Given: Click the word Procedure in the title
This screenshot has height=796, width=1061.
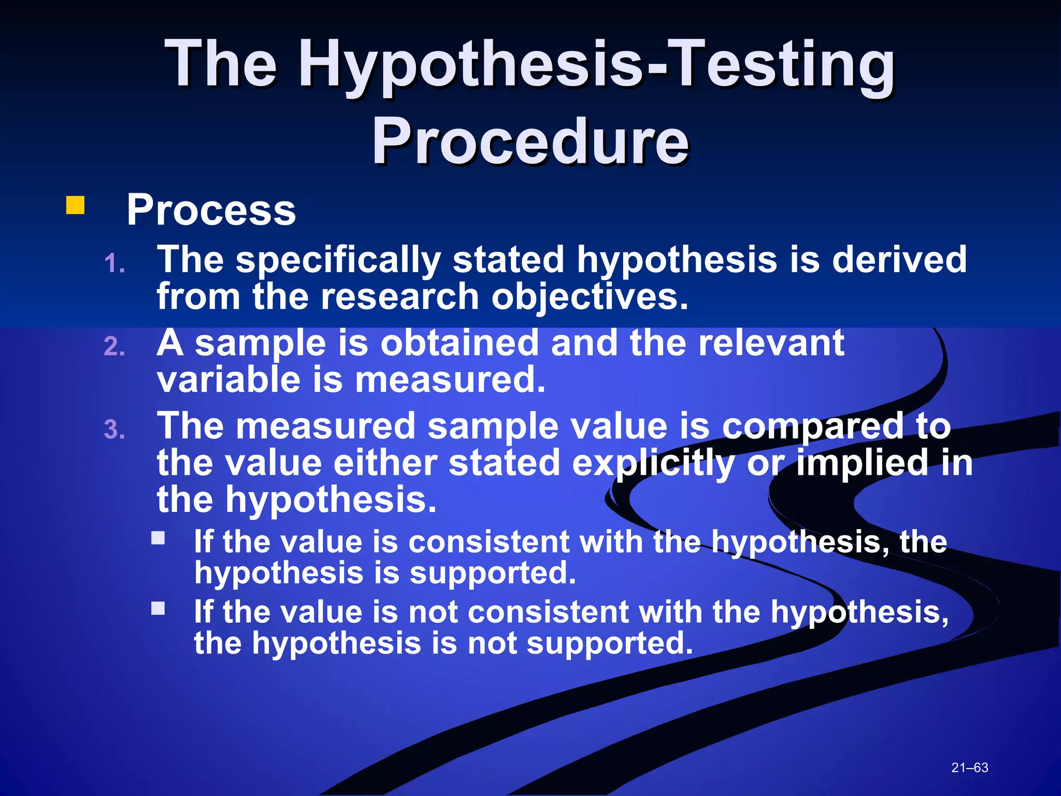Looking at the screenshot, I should (x=530, y=141).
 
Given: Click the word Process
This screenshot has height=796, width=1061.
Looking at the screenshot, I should (x=211, y=210).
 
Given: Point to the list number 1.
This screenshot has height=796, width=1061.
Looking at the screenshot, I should (x=114, y=264).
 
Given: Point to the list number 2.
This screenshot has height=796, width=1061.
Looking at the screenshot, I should (x=114, y=347).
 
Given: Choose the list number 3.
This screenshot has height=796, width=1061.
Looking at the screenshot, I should (x=114, y=430).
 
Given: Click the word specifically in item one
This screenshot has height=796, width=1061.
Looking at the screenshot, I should (x=338, y=260).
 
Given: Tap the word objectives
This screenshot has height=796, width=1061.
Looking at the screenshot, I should (x=590, y=297).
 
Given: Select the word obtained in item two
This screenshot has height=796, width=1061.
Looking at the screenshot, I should (x=460, y=343).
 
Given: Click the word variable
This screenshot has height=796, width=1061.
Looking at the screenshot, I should (x=228, y=380).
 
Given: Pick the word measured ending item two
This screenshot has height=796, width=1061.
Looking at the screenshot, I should (x=450, y=380).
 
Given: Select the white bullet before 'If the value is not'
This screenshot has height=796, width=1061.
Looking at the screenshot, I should (x=158, y=608).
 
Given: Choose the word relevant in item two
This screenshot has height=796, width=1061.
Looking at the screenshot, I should (x=771, y=343).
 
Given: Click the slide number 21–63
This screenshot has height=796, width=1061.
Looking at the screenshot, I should (x=969, y=767).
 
